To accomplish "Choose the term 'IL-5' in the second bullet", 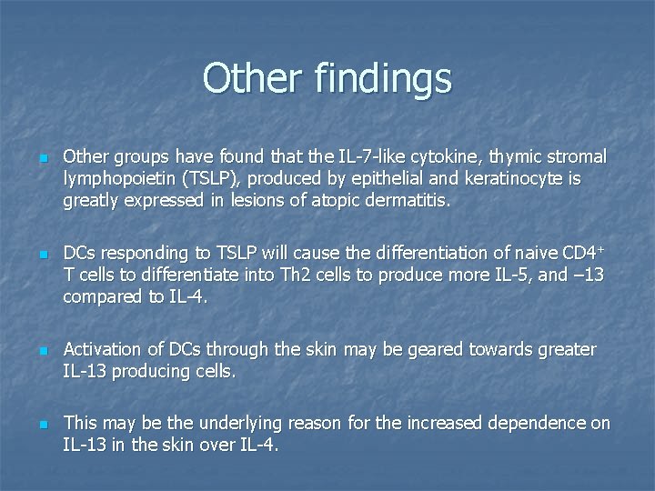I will click(507, 275).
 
